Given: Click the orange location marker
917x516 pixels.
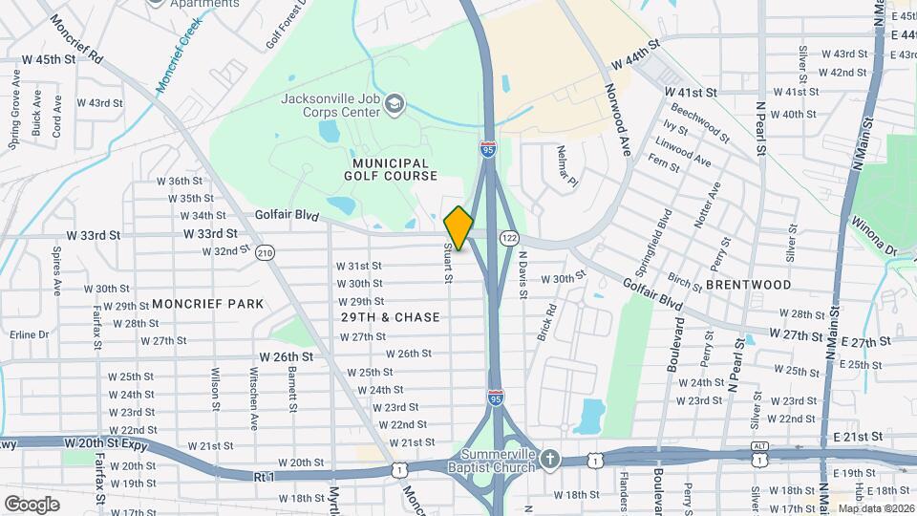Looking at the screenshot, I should tap(458, 228).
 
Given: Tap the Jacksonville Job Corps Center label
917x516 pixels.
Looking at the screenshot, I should tap(331, 104).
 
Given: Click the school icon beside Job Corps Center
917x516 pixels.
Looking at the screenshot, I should tap(395, 103).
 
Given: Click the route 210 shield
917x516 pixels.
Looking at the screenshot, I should tap(265, 252).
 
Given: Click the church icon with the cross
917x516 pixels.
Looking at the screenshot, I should tap(548, 460).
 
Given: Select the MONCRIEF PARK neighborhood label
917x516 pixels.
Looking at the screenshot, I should tap(207, 304).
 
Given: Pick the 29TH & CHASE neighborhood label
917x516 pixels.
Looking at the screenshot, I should tap(391, 317).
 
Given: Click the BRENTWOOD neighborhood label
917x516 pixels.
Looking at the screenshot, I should tap(749, 285).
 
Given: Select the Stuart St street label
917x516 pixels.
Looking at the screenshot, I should tap(446, 262).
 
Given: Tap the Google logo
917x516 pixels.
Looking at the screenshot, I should tap(32, 504).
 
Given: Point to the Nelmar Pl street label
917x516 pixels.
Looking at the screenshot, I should tap(562, 168).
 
